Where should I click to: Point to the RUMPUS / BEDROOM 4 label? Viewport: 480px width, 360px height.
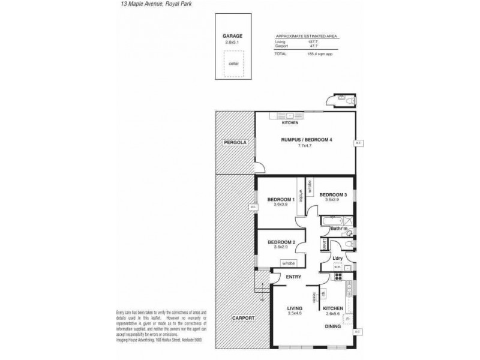307,139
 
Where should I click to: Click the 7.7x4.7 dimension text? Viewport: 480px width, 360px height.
307,146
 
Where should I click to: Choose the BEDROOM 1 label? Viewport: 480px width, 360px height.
281,199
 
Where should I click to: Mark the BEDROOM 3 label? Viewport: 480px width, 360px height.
332,195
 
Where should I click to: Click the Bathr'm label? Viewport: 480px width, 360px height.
340,229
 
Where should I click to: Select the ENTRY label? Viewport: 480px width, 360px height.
293,276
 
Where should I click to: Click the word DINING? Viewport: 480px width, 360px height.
333,326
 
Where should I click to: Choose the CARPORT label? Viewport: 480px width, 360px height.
242,318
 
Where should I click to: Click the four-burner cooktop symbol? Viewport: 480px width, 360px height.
338,276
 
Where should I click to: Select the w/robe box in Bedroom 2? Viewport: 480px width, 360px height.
289,262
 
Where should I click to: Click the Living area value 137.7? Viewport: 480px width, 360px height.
311,42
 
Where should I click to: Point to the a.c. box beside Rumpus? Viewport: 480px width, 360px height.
358,143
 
